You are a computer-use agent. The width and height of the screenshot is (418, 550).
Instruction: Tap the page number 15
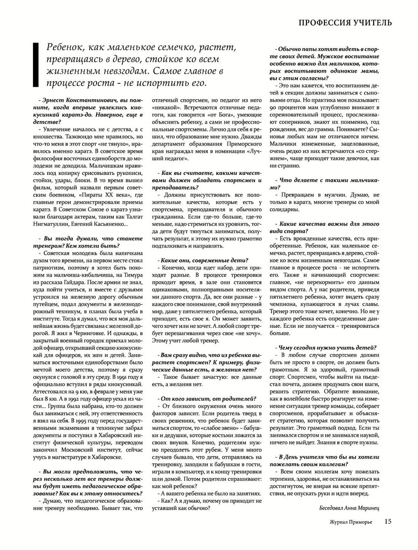(x=388, y=522)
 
